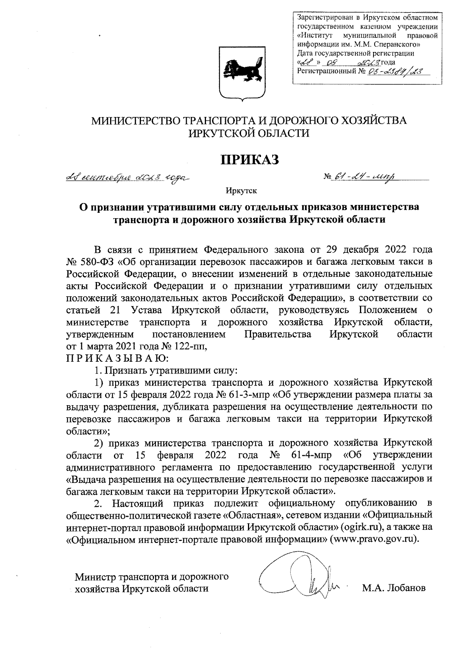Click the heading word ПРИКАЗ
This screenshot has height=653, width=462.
249,159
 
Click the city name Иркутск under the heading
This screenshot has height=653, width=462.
241,190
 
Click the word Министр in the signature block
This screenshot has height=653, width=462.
95,577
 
